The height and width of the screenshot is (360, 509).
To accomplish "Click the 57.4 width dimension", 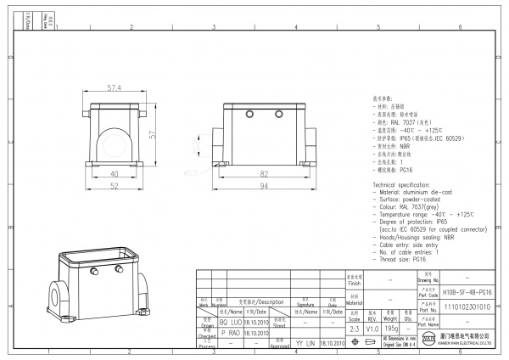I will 115,87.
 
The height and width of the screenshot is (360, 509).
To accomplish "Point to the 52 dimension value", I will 114,185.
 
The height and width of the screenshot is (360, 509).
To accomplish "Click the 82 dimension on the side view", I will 265,172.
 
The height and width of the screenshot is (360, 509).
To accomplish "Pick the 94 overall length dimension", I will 265,185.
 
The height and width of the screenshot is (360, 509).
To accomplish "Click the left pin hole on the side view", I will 250,114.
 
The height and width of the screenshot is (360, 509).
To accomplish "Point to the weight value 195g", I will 393,327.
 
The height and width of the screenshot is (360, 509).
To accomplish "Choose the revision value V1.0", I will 372,327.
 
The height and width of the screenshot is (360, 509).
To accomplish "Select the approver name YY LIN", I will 305,343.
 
